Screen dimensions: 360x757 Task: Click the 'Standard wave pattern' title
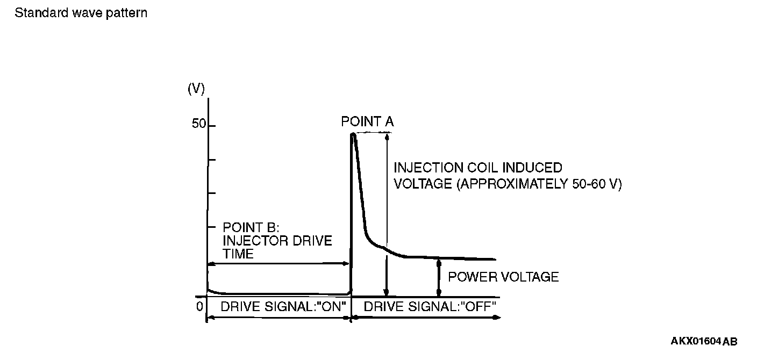pyautogui.click(x=81, y=13)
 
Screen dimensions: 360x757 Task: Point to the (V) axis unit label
pyautogui.click(x=196, y=89)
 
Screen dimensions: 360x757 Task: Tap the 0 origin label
pyautogui.click(x=199, y=306)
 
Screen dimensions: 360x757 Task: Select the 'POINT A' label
pyautogui.click(x=367, y=122)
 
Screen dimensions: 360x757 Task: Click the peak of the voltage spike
pyautogui.click(x=353, y=134)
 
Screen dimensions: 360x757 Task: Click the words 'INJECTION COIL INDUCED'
pyautogui.click(x=478, y=168)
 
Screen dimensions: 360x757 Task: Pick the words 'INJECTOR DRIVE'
pyautogui.click(x=277, y=240)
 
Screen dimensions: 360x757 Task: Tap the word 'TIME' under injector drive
pyautogui.click(x=238, y=254)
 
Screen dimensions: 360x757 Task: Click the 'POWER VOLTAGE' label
pyautogui.click(x=503, y=277)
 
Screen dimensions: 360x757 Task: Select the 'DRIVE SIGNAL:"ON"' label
pyautogui.click(x=283, y=306)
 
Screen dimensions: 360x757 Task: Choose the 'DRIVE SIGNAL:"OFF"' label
pyautogui.click(x=430, y=306)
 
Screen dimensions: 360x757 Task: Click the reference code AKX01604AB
pyautogui.click(x=704, y=341)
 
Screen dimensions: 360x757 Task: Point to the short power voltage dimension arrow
pyautogui.click(x=439, y=277)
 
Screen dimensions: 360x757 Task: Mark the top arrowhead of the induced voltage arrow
pyautogui.click(x=386, y=137)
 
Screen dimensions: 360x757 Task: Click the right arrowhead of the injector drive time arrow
pyautogui.click(x=347, y=263)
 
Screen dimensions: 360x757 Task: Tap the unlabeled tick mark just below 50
pyautogui.click(x=211, y=160)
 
